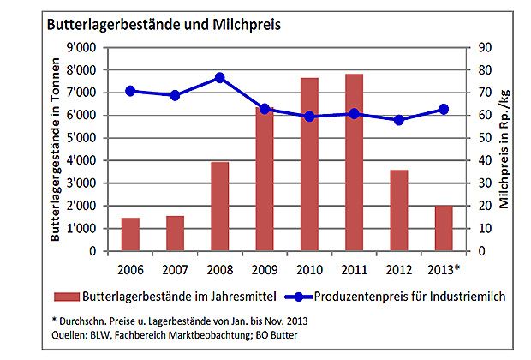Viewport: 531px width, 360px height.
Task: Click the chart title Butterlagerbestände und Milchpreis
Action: (163, 24)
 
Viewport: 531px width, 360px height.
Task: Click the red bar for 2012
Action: (397, 211)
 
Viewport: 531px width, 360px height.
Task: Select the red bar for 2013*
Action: (442, 228)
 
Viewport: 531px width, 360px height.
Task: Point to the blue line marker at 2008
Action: (219, 77)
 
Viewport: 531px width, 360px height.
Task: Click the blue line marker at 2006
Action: (130, 91)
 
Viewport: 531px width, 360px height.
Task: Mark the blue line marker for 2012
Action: (397, 120)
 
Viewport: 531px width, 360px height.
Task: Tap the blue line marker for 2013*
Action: (443, 109)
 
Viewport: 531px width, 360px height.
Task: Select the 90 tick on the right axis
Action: (485, 46)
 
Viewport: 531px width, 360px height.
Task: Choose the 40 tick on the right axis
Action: (485, 160)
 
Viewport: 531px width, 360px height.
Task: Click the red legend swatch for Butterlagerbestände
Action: (65, 297)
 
